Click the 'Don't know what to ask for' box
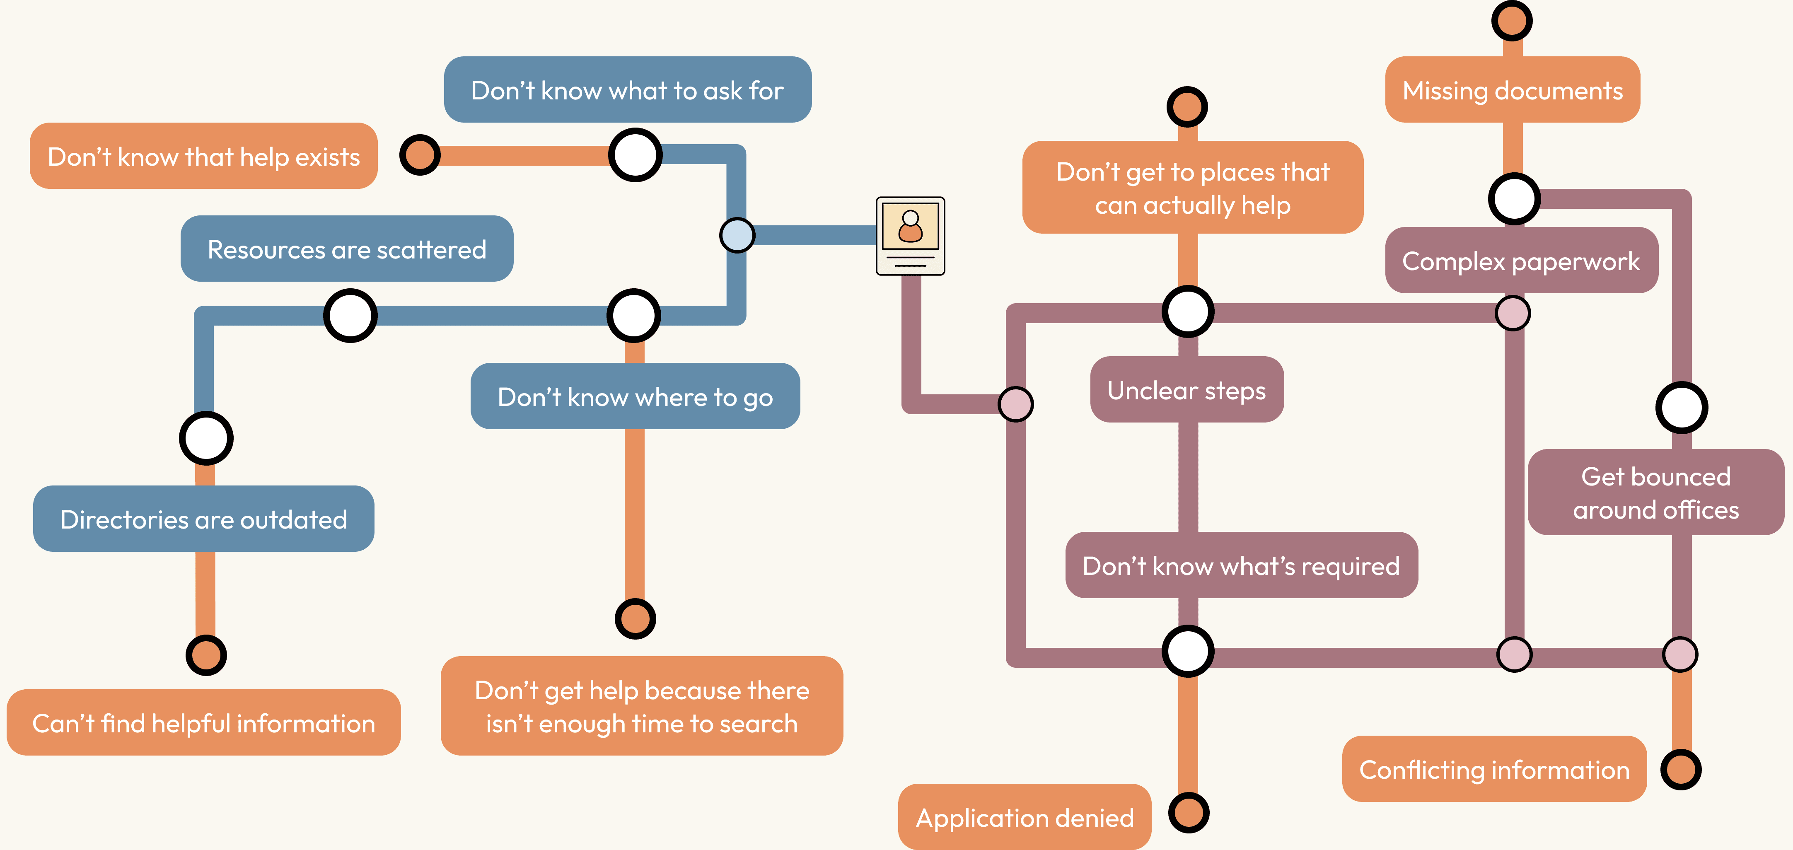[x=627, y=90]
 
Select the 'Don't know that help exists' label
[x=203, y=156]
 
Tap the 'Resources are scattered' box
[x=347, y=249]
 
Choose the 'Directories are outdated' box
[x=203, y=519]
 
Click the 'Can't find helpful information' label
[x=203, y=722]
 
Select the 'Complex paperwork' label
[x=1521, y=261]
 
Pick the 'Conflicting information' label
[x=1494, y=769]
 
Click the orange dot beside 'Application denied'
[x=1188, y=812]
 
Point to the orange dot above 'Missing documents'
[x=1511, y=21]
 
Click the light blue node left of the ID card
[x=737, y=235]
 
